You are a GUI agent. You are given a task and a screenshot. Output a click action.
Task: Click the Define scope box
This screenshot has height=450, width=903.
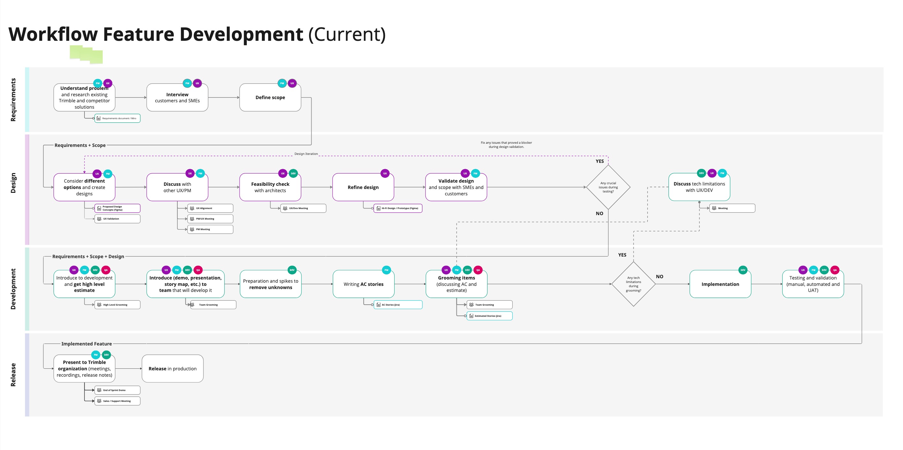click(270, 97)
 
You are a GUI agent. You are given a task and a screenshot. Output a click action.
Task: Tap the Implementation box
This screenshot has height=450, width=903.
click(720, 284)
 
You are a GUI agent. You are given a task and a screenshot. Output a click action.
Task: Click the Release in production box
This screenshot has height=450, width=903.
click(173, 368)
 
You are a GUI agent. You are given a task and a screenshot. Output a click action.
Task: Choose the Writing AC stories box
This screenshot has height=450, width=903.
click(363, 284)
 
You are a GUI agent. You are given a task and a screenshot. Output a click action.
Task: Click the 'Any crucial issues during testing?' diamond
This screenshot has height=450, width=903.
click(608, 187)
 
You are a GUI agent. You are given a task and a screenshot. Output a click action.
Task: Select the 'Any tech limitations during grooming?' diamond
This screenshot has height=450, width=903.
click(633, 284)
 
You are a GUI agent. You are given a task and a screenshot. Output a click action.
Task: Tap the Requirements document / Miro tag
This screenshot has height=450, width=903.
click(117, 118)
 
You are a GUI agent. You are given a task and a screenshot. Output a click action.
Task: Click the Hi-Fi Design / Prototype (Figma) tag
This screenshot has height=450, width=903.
click(398, 208)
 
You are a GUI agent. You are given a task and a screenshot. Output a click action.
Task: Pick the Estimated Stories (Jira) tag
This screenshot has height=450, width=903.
click(489, 316)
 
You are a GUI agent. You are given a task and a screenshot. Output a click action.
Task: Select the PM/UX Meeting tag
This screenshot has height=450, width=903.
click(210, 219)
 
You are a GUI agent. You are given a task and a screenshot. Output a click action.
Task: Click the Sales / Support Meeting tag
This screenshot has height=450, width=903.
click(117, 401)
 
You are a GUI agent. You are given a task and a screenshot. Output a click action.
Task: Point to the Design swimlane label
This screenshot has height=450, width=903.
click(13, 183)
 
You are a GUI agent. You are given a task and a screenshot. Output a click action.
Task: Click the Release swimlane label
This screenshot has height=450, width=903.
click(13, 375)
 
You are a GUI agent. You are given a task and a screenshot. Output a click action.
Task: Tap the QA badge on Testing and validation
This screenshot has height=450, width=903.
click(835, 270)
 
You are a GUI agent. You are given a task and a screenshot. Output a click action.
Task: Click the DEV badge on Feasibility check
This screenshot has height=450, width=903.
click(293, 173)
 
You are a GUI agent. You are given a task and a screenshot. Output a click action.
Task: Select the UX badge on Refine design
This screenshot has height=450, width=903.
click(385, 173)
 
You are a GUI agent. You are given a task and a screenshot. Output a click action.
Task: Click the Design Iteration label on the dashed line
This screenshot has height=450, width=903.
click(306, 154)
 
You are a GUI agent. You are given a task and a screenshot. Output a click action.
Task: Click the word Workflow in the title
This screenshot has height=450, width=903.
click(53, 34)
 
